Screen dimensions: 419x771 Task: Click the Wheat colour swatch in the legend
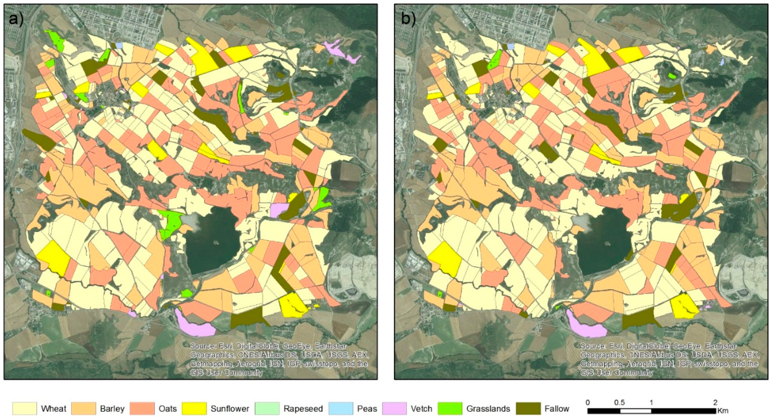click(x=25, y=409)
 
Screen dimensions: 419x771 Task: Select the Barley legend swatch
click(x=84, y=409)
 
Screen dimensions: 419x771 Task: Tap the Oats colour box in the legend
click(x=142, y=409)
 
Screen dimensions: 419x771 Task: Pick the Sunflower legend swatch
click(x=194, y=409)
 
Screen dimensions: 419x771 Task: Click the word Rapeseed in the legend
click(x=303, y=409)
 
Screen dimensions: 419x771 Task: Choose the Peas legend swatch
click(x=341, y=409)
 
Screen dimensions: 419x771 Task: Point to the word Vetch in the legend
click(x=421, y=409)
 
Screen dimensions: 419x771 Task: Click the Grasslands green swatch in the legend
click(x=450, y=409)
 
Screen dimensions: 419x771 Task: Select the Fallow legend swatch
click(x=528, y=409)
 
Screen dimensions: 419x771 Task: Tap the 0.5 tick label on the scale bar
click(x=619, y=403)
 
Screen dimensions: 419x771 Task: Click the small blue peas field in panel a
click(x=119, y=46)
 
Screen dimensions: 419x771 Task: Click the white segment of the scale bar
click(x=635, y=411)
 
